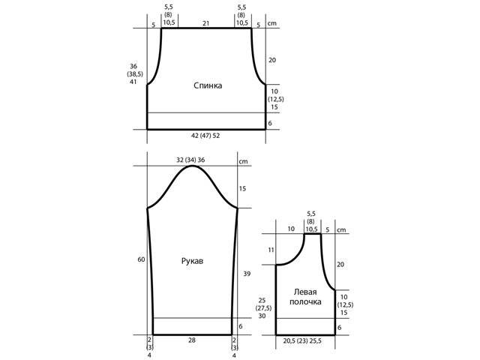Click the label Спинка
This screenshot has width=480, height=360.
point(208,85)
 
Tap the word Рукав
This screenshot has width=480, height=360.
point(192,261)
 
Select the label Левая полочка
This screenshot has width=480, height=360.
point(305,297)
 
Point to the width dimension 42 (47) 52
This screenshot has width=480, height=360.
point(205,136)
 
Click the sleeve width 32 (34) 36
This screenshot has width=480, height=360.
point(190,160)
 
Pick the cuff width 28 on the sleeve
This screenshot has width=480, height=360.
point(192,340)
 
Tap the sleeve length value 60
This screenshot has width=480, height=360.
point(141,259)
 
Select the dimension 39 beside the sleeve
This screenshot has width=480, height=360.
point(247,274)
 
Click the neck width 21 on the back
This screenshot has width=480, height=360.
point(205,23)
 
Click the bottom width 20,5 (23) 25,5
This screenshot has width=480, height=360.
point(302,340)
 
